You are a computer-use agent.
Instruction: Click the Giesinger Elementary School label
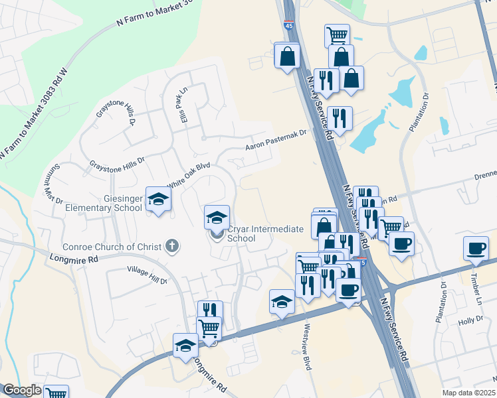click(x=104, y=202)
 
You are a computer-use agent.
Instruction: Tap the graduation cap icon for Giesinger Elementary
click(x=158, y=199)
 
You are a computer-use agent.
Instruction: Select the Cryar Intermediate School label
click(x=265, y=233)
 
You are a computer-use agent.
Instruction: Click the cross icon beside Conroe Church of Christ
click(x=172, y=247)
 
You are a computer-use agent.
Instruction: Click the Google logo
click(x=21, y=390)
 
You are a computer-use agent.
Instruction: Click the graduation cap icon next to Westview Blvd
click(x=282, y=302)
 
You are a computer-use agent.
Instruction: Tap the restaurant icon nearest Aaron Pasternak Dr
click(x=340, y=118)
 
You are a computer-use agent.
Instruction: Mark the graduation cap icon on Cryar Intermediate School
click(x=217, y=217)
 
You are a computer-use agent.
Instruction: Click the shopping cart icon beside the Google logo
click(x=56, y=393)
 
